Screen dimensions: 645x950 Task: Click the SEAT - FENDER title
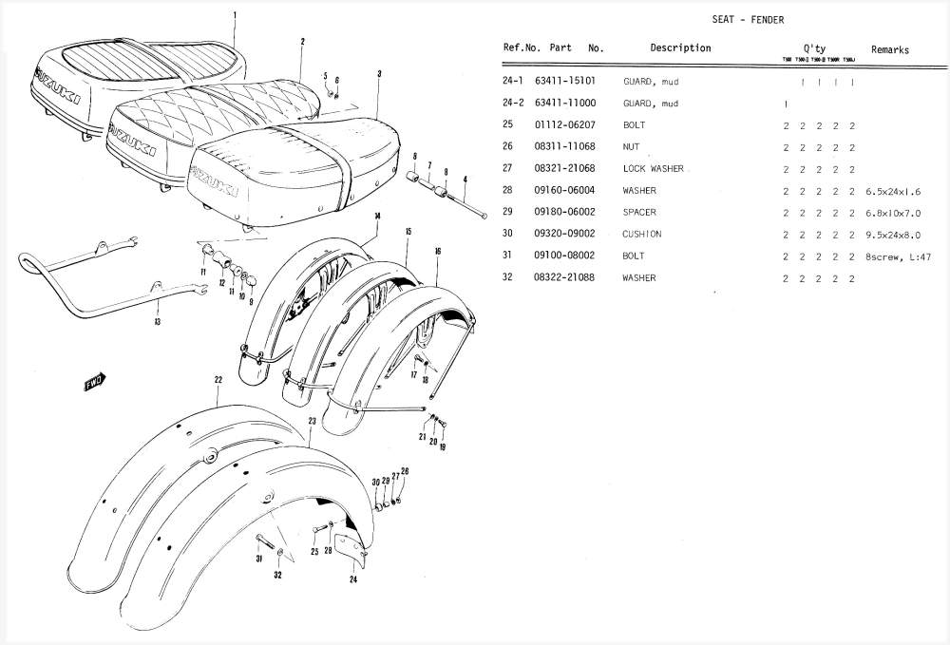748,20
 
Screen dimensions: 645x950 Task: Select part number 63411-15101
565,82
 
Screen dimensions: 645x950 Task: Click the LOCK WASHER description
653,169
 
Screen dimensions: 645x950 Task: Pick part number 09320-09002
565,235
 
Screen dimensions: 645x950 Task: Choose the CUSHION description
642,235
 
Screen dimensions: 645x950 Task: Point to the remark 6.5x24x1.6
893,191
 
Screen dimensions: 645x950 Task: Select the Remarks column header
889,50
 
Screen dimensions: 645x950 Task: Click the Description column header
680,48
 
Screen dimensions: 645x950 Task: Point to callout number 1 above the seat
235,14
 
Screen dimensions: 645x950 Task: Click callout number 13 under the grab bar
157,322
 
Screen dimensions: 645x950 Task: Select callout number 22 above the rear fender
218,380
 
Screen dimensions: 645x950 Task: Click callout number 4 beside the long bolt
465,179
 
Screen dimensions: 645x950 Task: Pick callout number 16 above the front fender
438,251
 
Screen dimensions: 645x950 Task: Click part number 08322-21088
565,278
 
